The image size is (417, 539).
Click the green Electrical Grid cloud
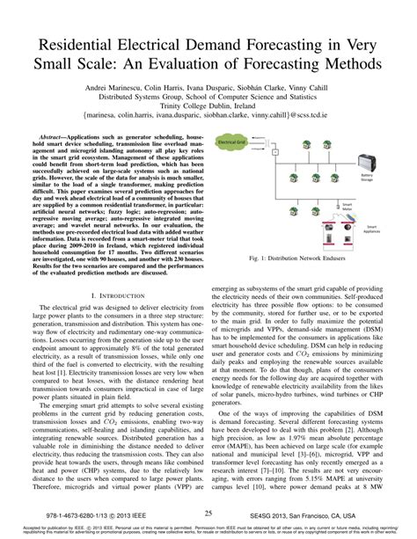(x=232, y=142)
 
